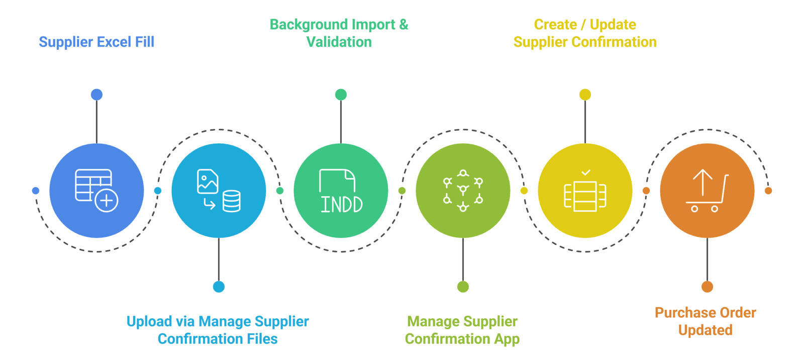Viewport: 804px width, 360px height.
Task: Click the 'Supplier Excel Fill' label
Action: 96,42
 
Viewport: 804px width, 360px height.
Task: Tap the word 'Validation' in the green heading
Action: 339,42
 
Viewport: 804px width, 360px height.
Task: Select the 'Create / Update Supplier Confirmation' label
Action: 585,33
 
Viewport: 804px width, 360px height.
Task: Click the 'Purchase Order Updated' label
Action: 706,321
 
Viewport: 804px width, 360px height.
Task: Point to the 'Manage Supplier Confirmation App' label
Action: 462,330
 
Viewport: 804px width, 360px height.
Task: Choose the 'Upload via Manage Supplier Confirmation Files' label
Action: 218,330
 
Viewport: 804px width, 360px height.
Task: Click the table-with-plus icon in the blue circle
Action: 96,190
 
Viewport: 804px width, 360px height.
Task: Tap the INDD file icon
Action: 341,191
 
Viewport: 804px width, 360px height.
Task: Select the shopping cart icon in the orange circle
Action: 707,191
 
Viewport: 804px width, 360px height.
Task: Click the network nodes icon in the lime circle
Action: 463,191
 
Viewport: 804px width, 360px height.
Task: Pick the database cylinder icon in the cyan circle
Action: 232,201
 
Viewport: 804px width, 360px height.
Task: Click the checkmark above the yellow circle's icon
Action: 585,173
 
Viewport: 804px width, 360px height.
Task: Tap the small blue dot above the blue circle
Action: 96,95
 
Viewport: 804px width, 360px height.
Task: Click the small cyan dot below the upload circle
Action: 219,287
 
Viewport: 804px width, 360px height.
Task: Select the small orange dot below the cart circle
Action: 707,287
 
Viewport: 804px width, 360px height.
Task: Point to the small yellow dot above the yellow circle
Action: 585,95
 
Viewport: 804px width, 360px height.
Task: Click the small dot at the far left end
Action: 35,191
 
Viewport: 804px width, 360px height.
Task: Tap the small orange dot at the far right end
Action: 768,191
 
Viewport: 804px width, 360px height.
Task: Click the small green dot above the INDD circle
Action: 341,95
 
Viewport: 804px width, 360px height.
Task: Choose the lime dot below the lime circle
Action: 463,287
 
